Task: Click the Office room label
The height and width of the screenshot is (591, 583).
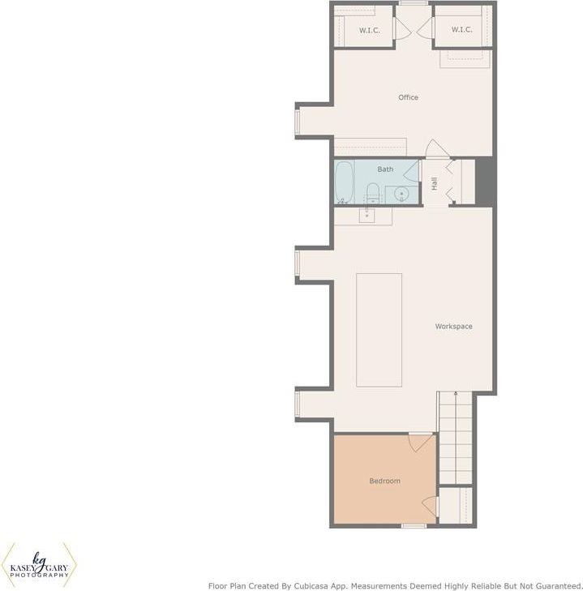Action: click(408, 97)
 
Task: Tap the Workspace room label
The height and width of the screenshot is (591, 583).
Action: click(453, 327)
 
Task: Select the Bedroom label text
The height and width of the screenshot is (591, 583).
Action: click(384, 481)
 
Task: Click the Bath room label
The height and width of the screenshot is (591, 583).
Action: click(385, 169)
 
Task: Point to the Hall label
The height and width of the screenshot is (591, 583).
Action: click(435, 184)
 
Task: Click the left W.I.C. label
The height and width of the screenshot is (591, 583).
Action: click(370, 30)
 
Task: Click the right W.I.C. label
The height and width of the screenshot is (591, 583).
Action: click(461, 30)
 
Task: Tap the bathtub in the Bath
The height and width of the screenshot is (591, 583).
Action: click(344, 182)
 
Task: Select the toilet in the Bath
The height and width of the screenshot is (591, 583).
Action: click(373, 193)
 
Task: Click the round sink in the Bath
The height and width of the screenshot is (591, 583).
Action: click(401, 194)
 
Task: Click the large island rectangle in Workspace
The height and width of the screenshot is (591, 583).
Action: click(379, 329)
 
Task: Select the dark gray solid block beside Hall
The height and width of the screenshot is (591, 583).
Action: click(484, 181)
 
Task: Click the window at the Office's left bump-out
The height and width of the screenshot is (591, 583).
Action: click(298, 121)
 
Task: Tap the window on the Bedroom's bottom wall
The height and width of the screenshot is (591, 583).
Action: click(414, 526)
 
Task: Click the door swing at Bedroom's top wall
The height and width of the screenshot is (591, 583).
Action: click(421, 443)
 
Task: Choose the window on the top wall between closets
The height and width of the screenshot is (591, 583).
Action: click(413, 3)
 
